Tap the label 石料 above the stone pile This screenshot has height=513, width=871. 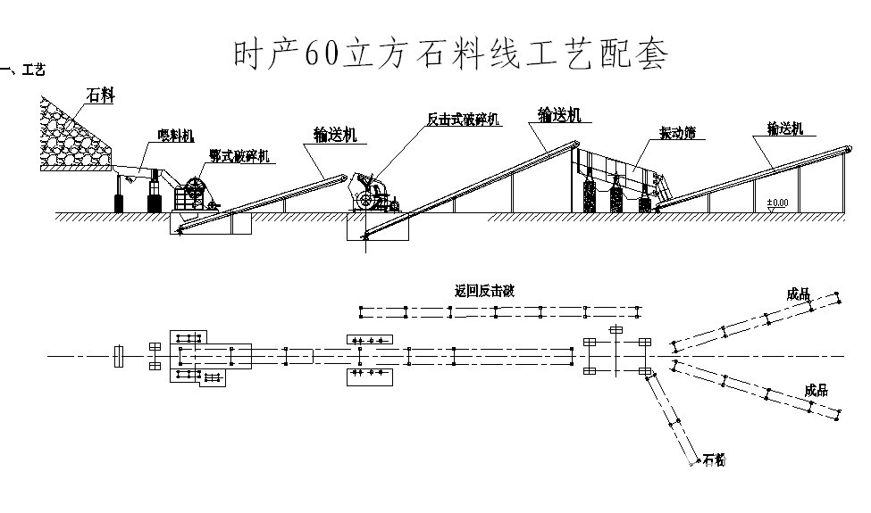click(100, 95)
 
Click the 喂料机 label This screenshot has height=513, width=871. click(176, 136)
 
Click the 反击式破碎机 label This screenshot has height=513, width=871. click(464, 119)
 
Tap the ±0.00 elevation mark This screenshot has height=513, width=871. click(777, 203)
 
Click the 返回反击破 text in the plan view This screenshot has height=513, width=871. click(484, 290)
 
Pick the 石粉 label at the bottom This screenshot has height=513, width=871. click(714, 460)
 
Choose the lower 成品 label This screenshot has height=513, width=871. click(816, 390)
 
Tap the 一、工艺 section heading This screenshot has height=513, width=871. click(25, 70)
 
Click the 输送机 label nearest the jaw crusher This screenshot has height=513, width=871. click(335, 135)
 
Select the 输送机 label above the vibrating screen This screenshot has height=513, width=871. click(560, 114)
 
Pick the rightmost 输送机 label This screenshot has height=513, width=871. click(784, 128)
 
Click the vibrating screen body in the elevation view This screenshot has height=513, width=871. click(626, 170)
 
